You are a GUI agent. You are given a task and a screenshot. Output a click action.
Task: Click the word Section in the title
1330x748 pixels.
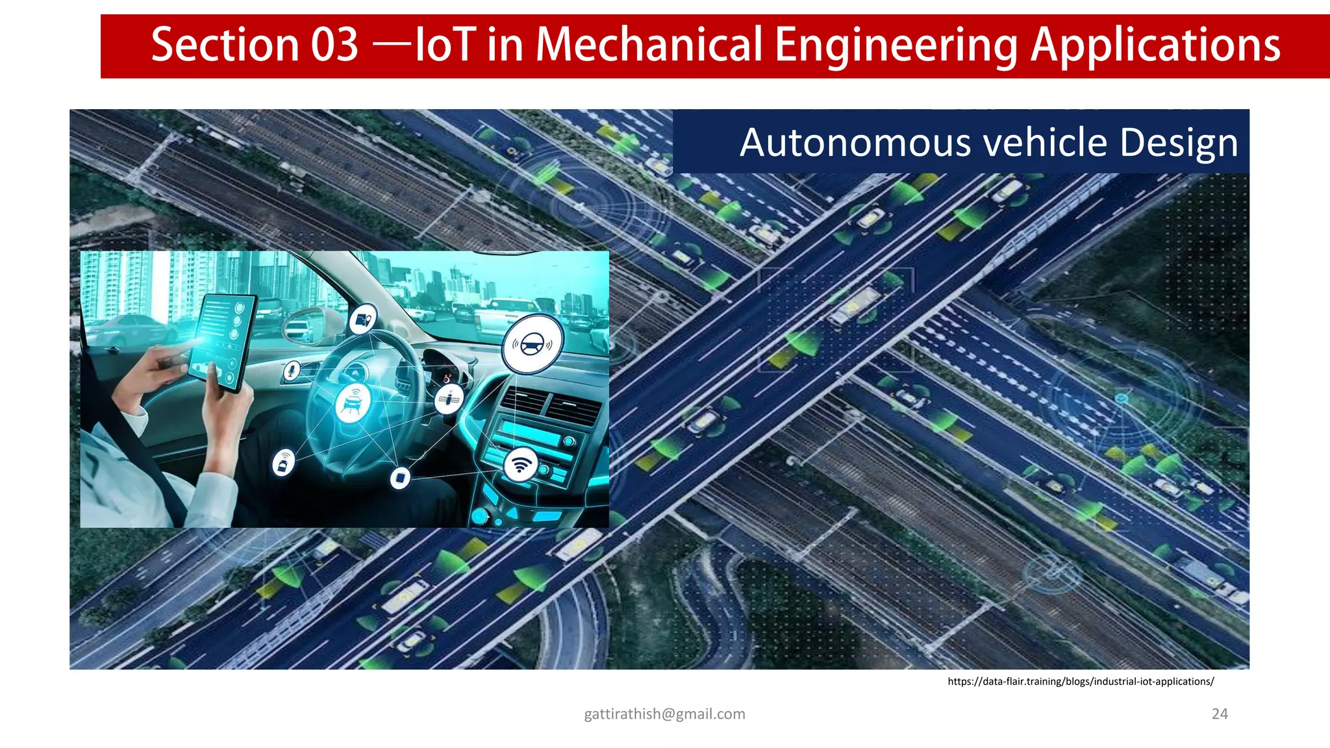(x=224, y=45)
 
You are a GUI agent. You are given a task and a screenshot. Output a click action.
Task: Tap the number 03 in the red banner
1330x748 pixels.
(x=334, y=45)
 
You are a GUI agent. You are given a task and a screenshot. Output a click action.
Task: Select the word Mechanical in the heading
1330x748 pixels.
(x=649, y=45)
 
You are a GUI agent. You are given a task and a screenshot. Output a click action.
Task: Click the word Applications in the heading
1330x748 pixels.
(x=1155, y=45)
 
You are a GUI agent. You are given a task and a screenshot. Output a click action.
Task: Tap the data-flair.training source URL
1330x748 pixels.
(x=1081, y=681)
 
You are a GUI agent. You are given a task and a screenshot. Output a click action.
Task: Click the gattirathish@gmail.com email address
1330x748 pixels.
(x=664, y=714)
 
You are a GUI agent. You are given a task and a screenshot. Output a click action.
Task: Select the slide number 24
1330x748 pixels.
(x=1220, y=714)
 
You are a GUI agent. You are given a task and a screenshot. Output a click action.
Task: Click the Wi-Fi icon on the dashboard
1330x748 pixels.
(x=521, y=464)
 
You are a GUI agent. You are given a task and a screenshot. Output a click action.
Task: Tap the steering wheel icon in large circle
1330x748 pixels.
(x=533, y=343)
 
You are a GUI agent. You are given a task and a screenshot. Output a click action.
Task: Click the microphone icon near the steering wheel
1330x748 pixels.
(x=292, y=371)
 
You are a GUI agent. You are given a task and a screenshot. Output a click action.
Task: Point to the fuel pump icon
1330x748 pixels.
(x=362, y=319)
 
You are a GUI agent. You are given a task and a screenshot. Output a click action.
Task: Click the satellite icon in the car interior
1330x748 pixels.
(x=449, y=399)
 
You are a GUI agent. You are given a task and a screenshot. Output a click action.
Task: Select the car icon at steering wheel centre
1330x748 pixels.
(x=353, y=403)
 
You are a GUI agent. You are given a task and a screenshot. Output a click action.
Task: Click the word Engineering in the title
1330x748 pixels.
(x=896, y=45)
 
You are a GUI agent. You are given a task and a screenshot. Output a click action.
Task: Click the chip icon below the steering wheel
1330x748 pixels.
(x=400, y=478)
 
